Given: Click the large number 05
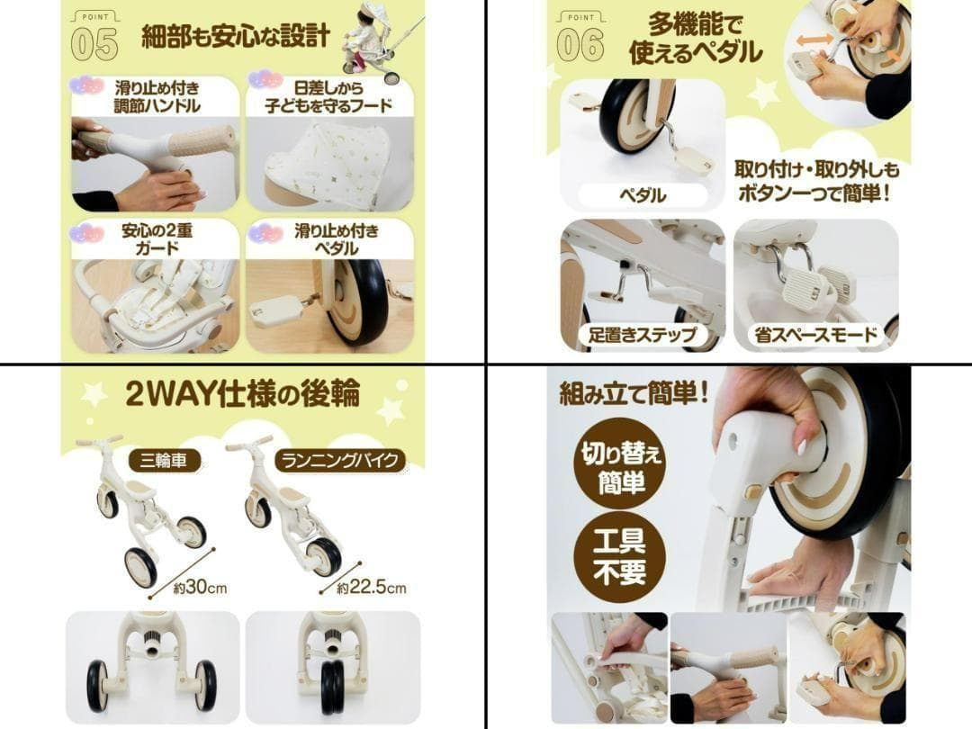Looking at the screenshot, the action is (94, 45).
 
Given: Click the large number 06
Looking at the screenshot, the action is (580, 45).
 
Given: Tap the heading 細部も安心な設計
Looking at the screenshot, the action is (236, 37).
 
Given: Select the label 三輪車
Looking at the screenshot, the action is (164, 461).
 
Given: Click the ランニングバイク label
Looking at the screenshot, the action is (339, 461).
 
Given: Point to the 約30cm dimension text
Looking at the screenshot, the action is (200, 587).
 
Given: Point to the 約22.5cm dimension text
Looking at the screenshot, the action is (372, 587).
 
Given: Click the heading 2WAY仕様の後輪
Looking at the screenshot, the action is (243, 393).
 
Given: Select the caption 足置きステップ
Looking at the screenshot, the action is (643, 336).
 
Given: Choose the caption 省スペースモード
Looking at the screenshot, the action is (815, 336).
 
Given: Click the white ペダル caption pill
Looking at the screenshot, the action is (643, 195).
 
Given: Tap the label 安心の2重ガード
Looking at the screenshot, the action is (157, 239).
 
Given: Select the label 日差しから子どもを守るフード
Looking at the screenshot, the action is (328, 96).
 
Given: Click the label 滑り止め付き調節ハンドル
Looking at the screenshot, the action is (157, 96).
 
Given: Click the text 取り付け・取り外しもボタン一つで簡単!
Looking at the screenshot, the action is (815, 182).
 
